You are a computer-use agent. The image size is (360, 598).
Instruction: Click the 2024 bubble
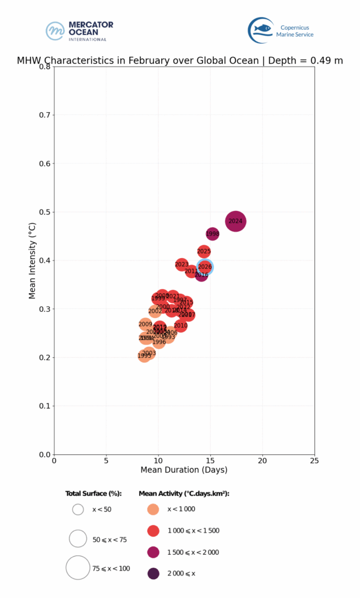tap(236, 221)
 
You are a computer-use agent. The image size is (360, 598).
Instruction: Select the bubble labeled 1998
tap(213, 234)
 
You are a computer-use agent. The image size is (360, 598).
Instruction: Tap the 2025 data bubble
tap(204, 251)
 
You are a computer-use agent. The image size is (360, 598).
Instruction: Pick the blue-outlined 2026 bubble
tap(205, 266)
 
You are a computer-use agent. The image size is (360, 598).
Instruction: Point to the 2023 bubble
tap(182, 265)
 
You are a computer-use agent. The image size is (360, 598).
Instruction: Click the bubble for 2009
tap(146, 324)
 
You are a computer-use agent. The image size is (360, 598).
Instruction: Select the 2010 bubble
tap(181, 325)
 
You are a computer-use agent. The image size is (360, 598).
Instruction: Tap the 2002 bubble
tap(155, 311)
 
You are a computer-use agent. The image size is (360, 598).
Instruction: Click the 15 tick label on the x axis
tap(210, 461)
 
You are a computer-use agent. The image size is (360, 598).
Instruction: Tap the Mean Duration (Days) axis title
tap(184, 470)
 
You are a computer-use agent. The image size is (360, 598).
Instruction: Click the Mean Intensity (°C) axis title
tap(33, 260)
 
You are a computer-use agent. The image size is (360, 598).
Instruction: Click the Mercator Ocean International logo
tap(79, 30)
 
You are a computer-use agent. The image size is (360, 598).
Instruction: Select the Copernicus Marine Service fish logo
tap(261, 30)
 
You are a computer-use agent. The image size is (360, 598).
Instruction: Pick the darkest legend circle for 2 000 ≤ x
tap(153, 573)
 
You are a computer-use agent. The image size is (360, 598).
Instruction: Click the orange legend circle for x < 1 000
tap(153, 509)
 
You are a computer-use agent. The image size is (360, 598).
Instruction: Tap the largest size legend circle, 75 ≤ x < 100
tap(78, 568)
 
